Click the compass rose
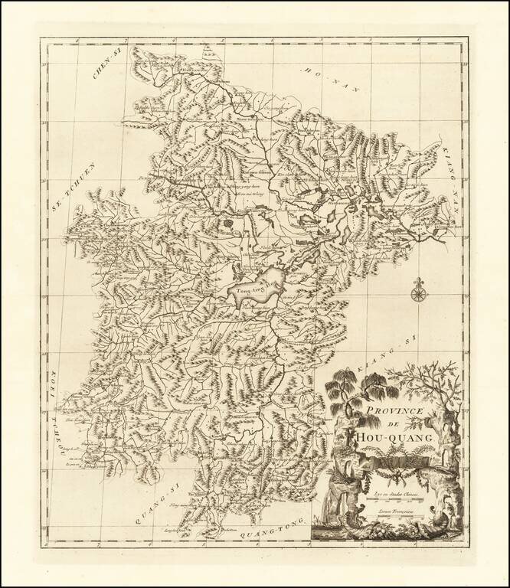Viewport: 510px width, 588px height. tap(419, 292)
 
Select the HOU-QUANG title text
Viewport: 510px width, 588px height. tap(395, 436)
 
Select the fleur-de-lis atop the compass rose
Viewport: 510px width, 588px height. tap(419, 280)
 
